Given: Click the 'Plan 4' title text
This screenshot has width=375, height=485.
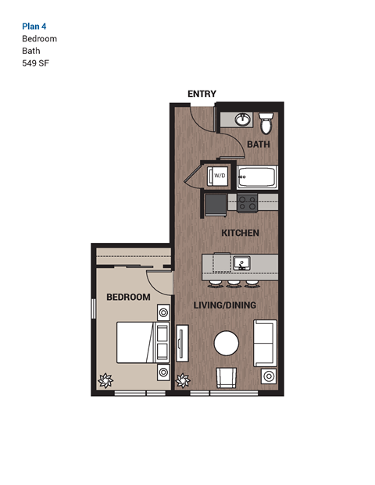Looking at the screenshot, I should click(34, 25).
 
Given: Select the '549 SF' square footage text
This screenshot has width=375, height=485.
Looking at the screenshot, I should click(35, 62).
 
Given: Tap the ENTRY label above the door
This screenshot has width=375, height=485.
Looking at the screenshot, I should click(202, 94).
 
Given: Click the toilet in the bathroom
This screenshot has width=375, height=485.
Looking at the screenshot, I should click(266, 123).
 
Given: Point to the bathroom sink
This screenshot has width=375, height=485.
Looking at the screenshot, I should click(242, 120).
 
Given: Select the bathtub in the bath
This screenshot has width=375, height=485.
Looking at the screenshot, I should click(257, 177).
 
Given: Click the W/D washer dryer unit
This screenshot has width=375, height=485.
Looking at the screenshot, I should click(220, 177).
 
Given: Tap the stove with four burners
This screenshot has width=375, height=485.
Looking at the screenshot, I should click(248, 203).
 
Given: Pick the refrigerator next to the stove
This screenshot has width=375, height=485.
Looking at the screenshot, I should click(215, 205).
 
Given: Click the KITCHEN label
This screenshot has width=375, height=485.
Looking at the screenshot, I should click(240, 234).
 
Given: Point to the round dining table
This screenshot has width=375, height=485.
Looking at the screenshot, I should click(227, 344).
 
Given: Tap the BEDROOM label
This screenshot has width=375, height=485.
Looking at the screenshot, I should click(128, 298).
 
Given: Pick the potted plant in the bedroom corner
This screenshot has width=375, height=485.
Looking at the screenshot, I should click(103, 382).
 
